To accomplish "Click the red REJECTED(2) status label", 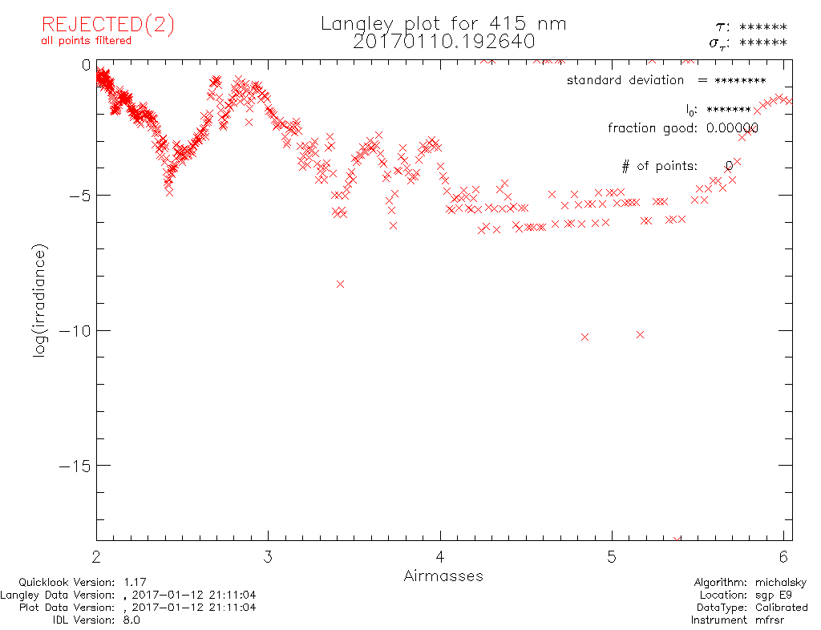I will click(x=107, y=25).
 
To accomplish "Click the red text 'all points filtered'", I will click(x=87, y=41).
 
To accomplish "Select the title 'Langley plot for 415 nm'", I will click(x=443, y=23).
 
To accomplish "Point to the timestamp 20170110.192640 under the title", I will click(x=443, y=41).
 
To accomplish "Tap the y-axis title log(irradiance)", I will click(x=40, y=301).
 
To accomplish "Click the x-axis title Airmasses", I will click(x=443, y=575).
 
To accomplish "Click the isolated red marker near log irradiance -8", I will click(x=341, y=284).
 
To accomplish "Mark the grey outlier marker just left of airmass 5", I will click(x=584, y=337).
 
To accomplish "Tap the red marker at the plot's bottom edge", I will click(x=677, y=540).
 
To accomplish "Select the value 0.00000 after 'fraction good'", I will click(x=732, y=127).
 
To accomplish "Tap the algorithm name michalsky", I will click(x=781, y=583).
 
